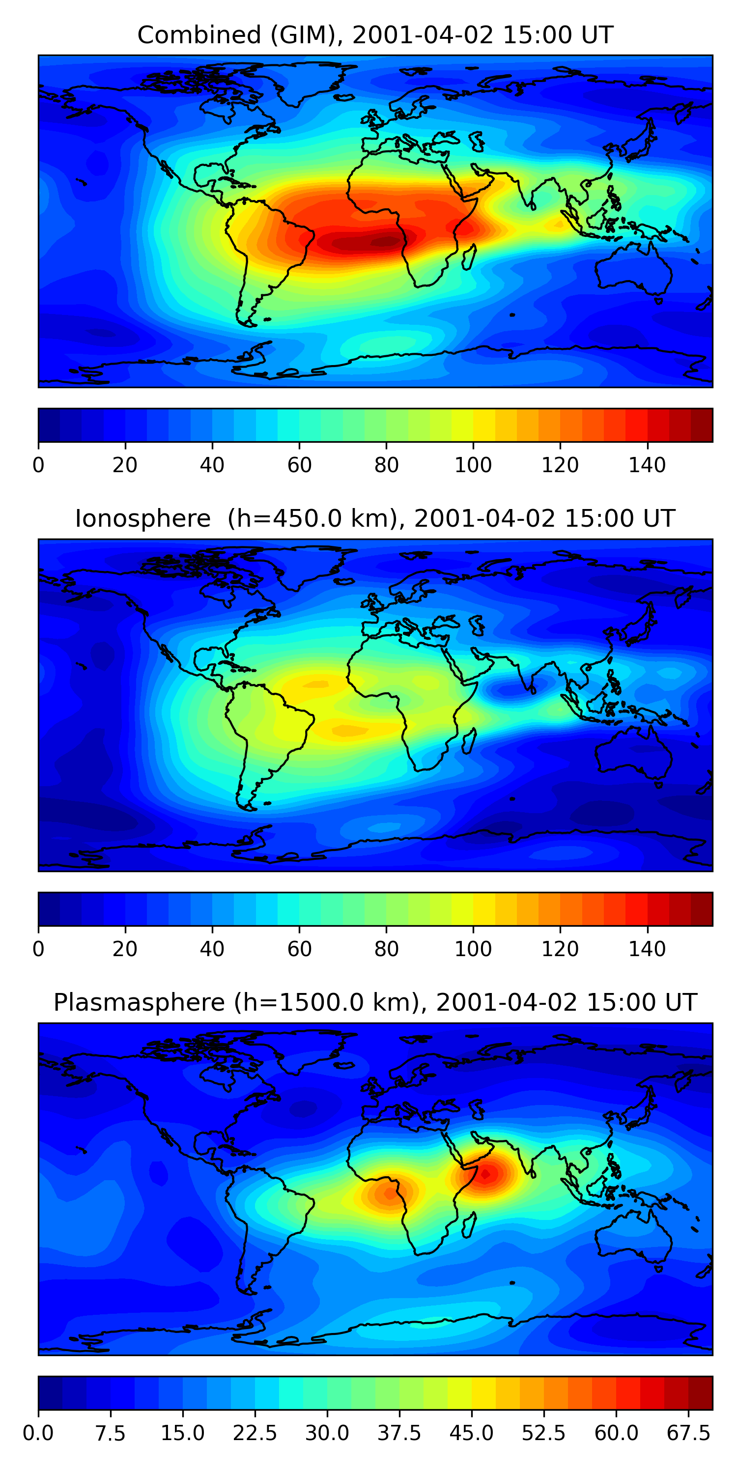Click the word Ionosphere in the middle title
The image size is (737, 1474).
click(x=142, y=519)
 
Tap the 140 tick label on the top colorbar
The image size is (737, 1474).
click(x=647, y=465)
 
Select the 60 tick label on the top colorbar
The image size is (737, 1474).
click(x=299, y=465)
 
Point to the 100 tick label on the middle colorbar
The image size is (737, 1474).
click(x=473, y=949)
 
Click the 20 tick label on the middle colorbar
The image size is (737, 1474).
click(x=125, y=949)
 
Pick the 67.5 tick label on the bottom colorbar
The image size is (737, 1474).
click(x=688, y=1433)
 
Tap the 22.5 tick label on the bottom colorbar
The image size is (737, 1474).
click(x=255, y=1433)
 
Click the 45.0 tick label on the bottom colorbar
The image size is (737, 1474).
click(x=471, y=1433)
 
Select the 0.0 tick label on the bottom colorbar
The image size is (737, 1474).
click(x=38, y=1433)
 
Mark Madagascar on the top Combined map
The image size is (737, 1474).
click(x=469, y=257)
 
